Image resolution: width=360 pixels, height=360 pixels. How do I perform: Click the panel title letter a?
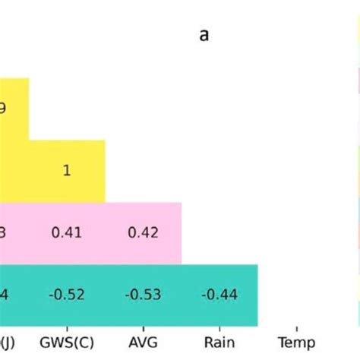click(x=204, y=36)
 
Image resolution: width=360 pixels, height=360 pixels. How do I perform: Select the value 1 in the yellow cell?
click(x=67, y=171)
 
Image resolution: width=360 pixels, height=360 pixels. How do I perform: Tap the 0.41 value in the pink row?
click(x=67, y=233)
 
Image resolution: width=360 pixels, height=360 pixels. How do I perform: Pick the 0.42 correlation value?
click(x=143, y=233)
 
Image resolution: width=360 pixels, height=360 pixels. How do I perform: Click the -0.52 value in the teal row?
click(x=67, y=295)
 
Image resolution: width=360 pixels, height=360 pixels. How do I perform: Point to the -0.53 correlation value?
click(x=143, y=295)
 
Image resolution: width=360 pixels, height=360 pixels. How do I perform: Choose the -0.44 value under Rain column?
click(x=219, y=295)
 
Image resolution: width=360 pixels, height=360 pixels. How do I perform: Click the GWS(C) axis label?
click(x=67, y=343)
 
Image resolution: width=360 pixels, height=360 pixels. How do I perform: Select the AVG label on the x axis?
click(x=143, y=343)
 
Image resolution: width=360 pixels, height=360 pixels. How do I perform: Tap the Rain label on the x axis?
click(x=219, y=343)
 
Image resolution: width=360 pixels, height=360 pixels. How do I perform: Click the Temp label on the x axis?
click(x=295, y=343)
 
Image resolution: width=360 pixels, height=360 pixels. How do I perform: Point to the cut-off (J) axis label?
click(x=6, y=343)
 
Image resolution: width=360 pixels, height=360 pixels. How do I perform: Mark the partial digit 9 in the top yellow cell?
click(x=3, y=109)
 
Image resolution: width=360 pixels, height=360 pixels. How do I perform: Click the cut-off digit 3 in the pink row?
click(x=3, y=233)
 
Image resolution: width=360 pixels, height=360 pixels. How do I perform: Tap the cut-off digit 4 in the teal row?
click(x=3, y=295)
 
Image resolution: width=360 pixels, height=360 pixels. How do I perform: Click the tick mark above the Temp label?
click(x=295, y=330)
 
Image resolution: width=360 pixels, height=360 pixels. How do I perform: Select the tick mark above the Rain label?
click(x=219, y=330)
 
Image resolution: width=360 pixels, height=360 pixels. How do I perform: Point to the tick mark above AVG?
click(x=143, y=330)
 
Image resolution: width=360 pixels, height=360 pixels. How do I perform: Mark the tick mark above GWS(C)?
click(x=67, y=330)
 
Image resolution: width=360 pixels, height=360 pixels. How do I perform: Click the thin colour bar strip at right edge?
click(x=358, y=190)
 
